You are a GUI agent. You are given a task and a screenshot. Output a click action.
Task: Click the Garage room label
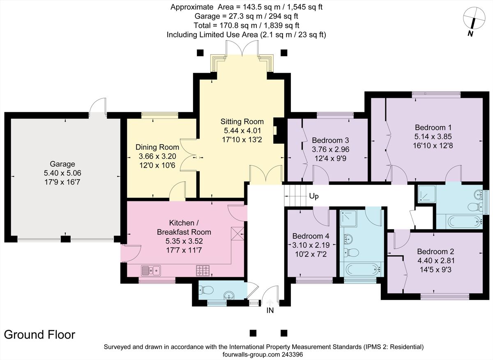point(62,164)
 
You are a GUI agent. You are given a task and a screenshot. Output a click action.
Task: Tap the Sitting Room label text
point(242,122)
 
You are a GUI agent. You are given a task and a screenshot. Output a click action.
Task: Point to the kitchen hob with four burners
point(203,270)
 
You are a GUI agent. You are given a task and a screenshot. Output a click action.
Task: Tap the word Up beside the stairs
point(313,196)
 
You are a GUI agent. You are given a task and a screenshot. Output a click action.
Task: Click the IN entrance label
point(270,311)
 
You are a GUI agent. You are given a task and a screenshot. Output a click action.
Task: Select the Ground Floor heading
point(40,335)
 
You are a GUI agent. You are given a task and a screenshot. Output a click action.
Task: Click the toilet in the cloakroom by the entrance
point(207,291)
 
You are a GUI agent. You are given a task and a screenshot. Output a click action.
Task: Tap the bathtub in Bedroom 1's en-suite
point(462,222)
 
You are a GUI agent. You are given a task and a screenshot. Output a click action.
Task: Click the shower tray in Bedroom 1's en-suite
point(426,194)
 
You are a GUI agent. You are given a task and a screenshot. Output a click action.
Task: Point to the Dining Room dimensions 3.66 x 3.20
point(157,156)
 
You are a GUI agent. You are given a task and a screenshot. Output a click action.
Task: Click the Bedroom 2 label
point(435,252)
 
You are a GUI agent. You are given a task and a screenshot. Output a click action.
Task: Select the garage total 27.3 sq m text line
point(246,16)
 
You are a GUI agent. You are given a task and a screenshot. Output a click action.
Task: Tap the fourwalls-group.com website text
point(263,354)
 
